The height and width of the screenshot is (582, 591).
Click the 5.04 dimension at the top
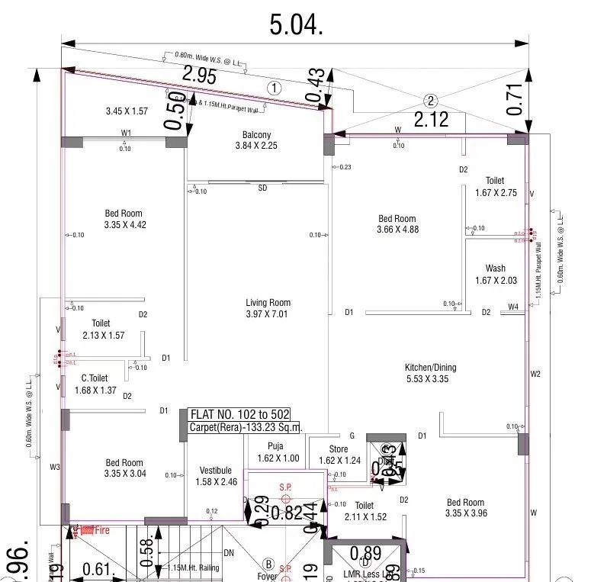coord(296,24)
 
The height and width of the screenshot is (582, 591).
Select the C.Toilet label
coord(95,378)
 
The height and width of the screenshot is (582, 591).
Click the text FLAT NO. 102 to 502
coord(239,414)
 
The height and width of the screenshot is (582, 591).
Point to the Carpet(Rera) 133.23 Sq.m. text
coord(245,428)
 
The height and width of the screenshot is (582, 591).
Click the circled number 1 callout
coord(274,88)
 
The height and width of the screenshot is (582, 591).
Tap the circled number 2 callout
coord(430,101)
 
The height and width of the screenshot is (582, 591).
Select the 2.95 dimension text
coord(199,76)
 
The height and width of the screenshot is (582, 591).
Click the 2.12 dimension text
coord(432,118)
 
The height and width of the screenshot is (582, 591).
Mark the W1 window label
coord(126,133)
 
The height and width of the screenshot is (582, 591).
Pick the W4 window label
coord(514,307)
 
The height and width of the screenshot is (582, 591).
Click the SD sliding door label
coord(262,188)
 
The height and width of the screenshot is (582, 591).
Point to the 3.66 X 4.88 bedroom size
coord(397,230)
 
